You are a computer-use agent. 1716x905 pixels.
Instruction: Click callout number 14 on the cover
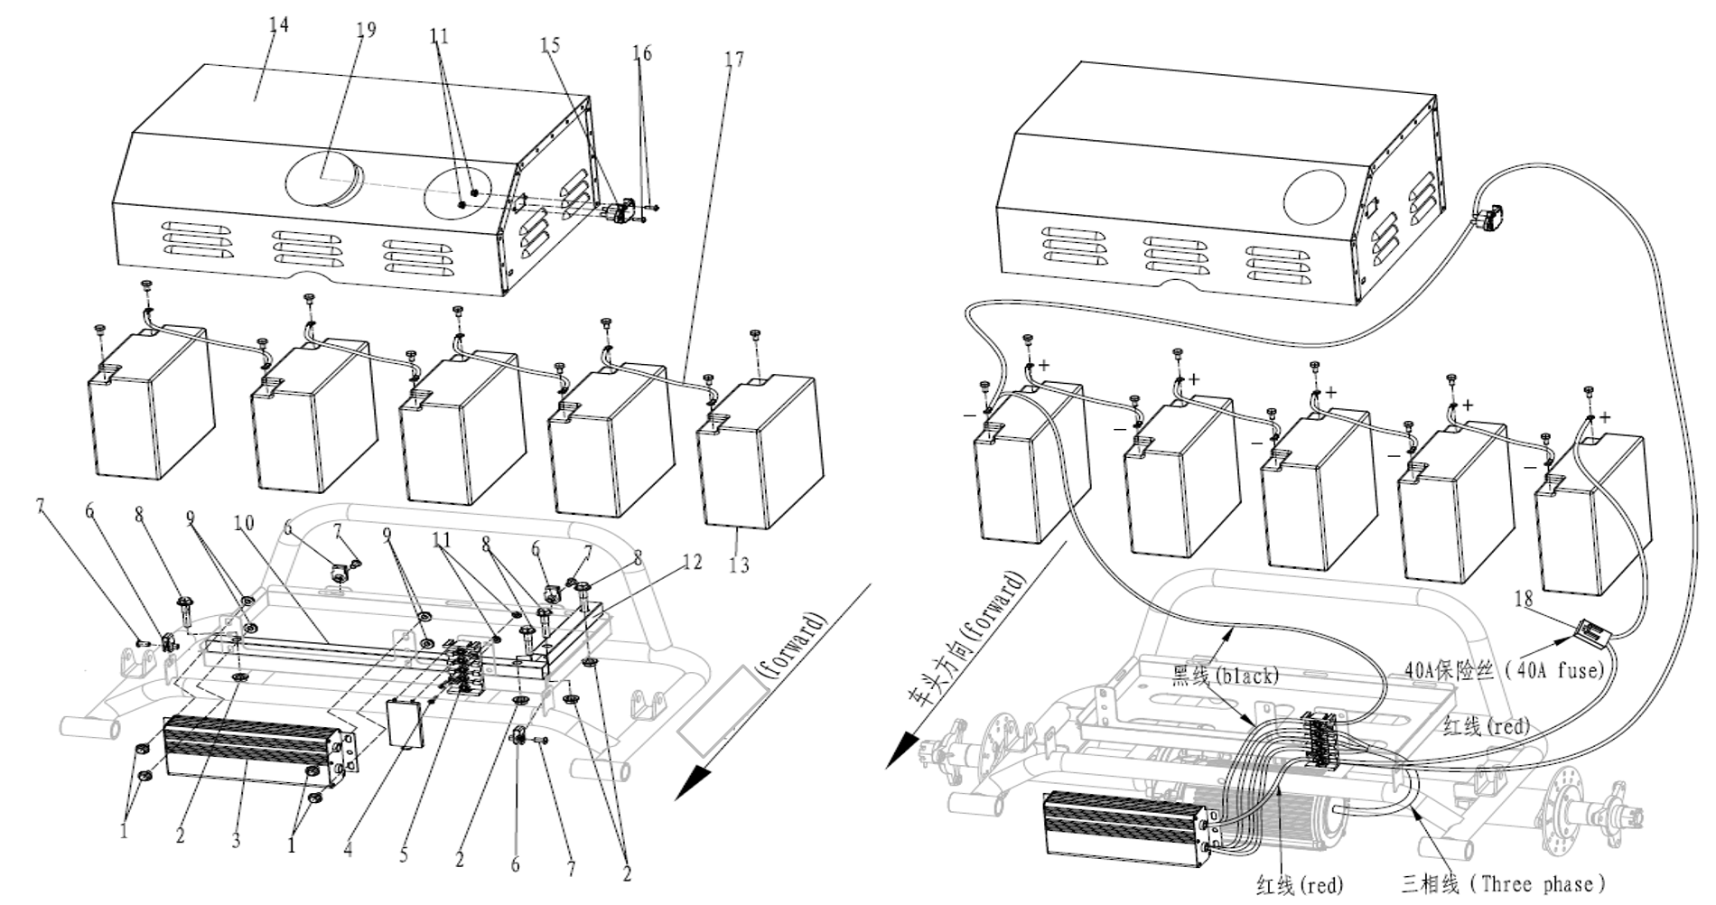pyautogui.click(x=279, y=24)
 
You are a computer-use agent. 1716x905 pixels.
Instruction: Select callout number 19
pyautogui.click(x=365, y=30)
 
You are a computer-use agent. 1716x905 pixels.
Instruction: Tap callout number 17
pyautogui.click(x=733, y=59)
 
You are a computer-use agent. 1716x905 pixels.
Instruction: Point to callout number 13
pyautogui.click(x=739, y=565)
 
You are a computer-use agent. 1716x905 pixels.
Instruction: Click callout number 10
pyautogui.click(x=243, y=523)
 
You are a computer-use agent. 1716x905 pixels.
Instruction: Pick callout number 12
pyautogui.click(x=692, y=562)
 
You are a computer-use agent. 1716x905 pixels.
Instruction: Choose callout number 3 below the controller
pyautogui.click(x=236, y=841)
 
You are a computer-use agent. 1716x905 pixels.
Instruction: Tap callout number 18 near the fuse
pyautogui.click(x=1523, y=598)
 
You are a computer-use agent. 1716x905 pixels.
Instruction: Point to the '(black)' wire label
pyautogui.click(x=1246, y=676)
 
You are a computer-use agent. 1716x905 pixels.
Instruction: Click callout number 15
pyautogui.click(x=550, y=44)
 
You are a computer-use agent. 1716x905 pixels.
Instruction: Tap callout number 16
pyautogui.click(x=641, y=53)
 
